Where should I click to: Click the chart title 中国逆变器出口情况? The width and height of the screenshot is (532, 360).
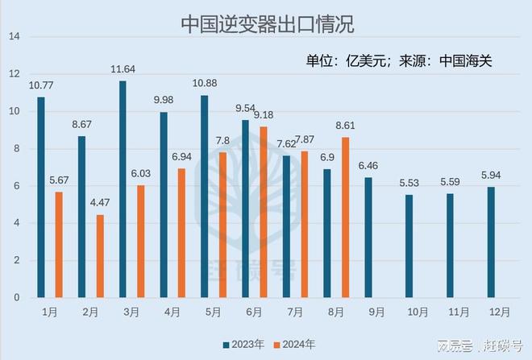coord(266,21)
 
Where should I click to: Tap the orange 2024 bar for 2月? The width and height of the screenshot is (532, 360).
coord(100,256)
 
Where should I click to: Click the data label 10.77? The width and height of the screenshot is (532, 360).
coord(40,85)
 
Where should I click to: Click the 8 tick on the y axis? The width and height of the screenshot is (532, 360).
coord(14,149)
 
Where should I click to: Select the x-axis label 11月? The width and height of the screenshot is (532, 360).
coord(459,310)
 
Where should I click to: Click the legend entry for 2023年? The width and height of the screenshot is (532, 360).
coord(242,345)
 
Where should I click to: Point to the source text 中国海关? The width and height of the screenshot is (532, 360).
coord(471,60)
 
